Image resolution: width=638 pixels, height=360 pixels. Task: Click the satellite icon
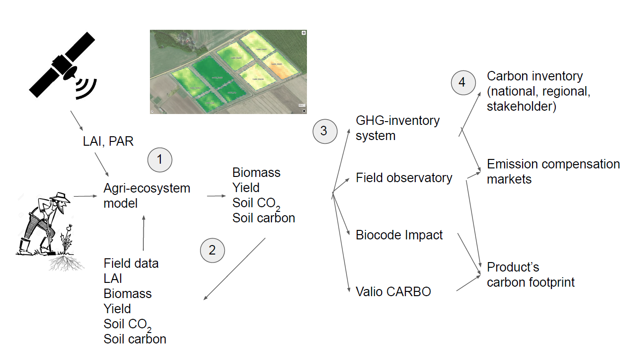pos(61,66)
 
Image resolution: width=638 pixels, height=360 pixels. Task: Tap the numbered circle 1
pos(160,160)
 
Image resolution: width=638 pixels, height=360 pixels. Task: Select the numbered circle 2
pos(212,250)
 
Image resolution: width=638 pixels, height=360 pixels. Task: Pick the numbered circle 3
pos(324,131)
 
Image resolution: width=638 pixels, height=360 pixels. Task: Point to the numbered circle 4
pos(462,82)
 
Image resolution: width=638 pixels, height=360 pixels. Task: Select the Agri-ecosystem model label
pos(147,195)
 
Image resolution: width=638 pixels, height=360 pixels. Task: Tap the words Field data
pos(131,263)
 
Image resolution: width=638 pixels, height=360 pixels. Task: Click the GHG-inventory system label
pos(398,128)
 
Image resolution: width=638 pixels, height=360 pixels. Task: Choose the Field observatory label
pos(404,178)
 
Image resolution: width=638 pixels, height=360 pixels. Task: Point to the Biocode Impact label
pos(399,235)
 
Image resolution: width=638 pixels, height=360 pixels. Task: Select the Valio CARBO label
pos(393,291)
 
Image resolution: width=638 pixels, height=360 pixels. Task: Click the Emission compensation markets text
pos(553,172)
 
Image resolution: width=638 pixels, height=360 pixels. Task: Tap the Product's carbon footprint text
pos(531,275)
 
